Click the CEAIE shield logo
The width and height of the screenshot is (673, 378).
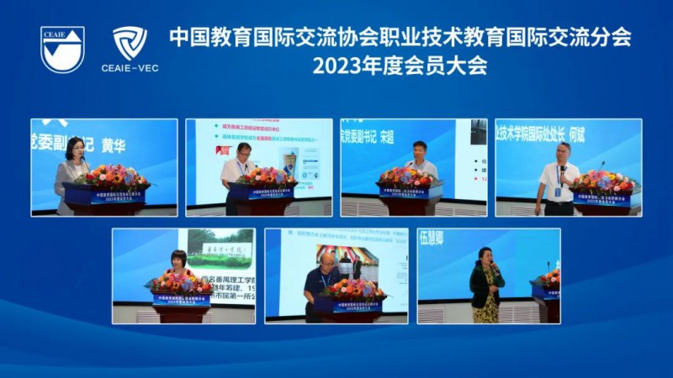[x=63, y=48]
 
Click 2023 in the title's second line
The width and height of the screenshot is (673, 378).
[x=333, y=66]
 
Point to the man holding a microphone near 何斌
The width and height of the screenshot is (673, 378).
[x=559, y=176]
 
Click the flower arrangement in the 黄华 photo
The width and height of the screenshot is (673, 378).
[x=111, y=176]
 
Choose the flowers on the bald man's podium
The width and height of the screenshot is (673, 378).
[x=353, y=288]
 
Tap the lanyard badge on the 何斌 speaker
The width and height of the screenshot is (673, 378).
[x=558, y=190]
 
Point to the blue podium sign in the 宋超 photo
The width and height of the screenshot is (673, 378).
[x=407, y=192]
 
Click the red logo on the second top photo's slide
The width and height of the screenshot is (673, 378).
[x=221, y=150]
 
